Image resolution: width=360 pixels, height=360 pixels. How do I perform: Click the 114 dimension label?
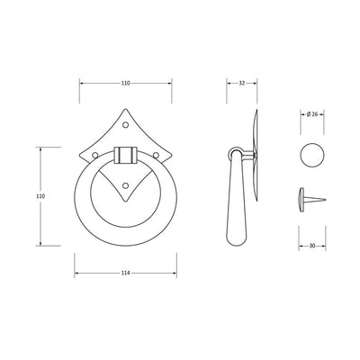(125, 273)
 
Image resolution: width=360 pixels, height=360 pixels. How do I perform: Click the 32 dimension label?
(242, 83)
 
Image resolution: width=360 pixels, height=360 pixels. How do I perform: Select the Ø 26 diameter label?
(312, 114)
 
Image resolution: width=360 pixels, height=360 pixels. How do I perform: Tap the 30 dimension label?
(312, 246)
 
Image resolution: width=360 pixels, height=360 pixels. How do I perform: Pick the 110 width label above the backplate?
(125, 83)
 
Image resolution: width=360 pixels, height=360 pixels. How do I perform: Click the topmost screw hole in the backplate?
(126, 124)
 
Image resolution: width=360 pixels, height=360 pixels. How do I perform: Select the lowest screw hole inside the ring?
(126, 185)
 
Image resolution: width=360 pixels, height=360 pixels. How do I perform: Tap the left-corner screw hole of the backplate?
(95, 155)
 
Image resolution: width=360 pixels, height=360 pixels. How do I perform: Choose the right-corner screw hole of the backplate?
(156, 155)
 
